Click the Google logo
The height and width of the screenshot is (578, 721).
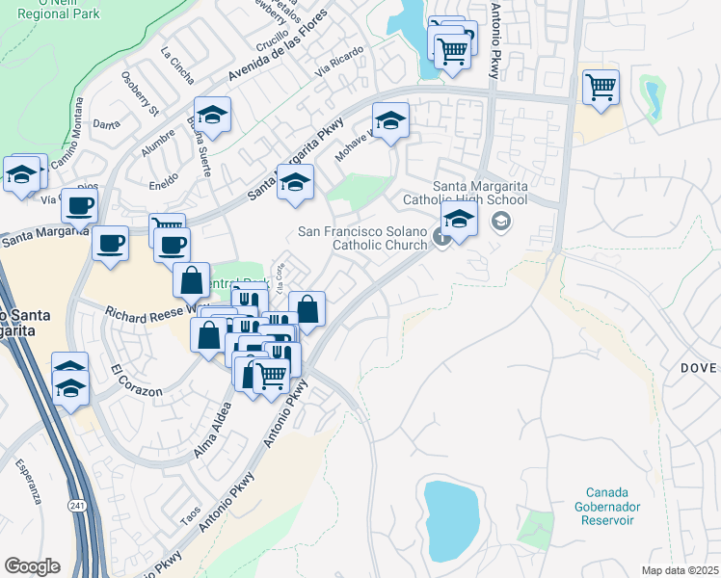(32, 565)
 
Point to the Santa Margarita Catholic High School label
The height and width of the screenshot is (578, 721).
(480, 194)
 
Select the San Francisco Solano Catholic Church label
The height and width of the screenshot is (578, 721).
(362, 238)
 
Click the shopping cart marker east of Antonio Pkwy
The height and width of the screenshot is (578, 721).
(601, 87)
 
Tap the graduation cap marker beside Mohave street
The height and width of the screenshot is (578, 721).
(390, 121)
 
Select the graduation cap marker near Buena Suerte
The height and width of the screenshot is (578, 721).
(212, 116)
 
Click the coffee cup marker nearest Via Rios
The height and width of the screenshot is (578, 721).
(81, 205)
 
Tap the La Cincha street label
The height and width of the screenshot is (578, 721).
(176, 65)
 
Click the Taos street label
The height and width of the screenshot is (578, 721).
(191, 515)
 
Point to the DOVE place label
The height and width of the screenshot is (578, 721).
(699, 368)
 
